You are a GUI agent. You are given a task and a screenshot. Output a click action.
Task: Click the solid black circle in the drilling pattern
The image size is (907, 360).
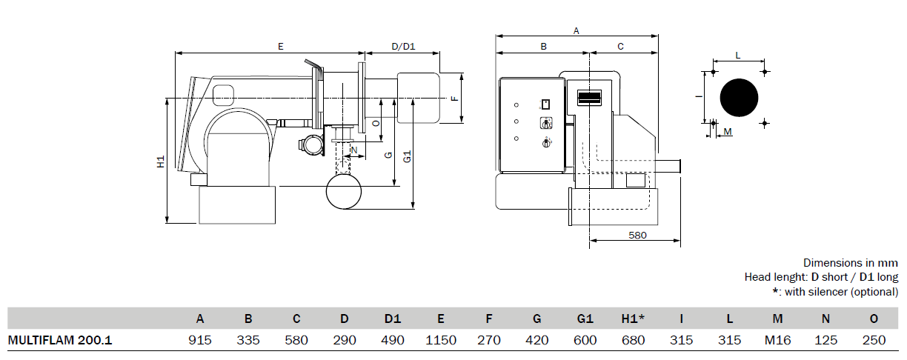(739, 98)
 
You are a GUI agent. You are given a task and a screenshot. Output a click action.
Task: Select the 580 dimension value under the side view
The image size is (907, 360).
(637, 236)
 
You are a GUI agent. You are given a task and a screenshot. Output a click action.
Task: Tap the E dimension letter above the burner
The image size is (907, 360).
(281, 47)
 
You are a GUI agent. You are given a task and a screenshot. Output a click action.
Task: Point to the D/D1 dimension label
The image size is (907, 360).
(403, 47)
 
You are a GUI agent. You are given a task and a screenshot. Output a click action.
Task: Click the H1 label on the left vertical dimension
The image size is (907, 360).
(161, 161)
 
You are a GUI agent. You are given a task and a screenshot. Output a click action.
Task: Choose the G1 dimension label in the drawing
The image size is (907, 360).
(407, 157)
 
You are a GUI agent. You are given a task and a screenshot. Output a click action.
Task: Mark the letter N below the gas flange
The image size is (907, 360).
(354, 150)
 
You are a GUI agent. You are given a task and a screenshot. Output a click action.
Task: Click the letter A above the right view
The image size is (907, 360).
(577, 31)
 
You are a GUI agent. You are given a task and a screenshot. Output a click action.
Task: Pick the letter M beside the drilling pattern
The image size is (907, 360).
(728, 132)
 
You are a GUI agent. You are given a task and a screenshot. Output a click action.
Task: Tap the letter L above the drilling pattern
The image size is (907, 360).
(738, 56)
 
